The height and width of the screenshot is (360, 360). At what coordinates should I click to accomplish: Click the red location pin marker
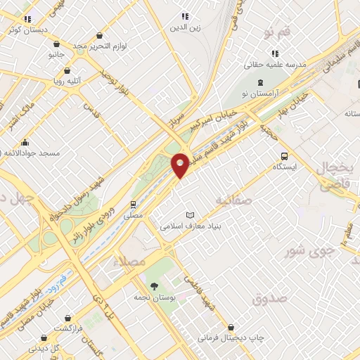pos(180,165)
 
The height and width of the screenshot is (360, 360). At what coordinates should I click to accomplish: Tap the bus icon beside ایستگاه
pos(283,156)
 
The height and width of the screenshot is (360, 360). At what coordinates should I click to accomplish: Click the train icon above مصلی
pos(133,205)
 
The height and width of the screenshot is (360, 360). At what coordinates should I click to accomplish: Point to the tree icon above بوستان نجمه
pos(154,285)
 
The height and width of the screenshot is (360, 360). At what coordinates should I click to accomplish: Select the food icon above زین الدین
pos(184,16)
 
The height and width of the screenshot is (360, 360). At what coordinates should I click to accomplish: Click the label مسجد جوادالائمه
pos(32,153)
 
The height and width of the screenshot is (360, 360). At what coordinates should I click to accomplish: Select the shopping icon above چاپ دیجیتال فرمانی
pos(231,326)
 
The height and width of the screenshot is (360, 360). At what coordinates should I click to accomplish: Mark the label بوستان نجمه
pos(155,298)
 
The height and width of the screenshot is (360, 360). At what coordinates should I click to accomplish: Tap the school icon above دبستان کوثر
pos(27,19)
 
